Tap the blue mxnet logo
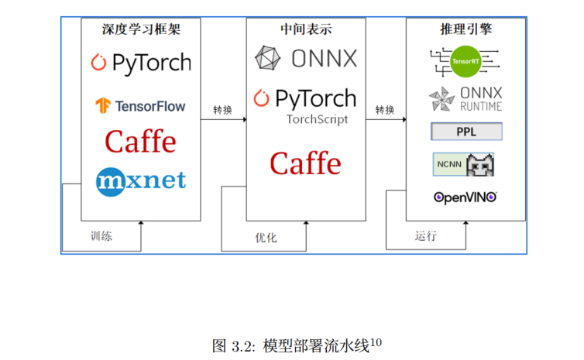[x=141, y=180]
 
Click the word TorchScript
[x=317, y=119]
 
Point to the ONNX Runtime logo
[x=465, y=99]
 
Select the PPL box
[x=466, y=132]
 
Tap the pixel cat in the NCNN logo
[x=482, y=164]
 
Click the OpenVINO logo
[x=465, y=197]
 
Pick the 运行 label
[x=425, y=236]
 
